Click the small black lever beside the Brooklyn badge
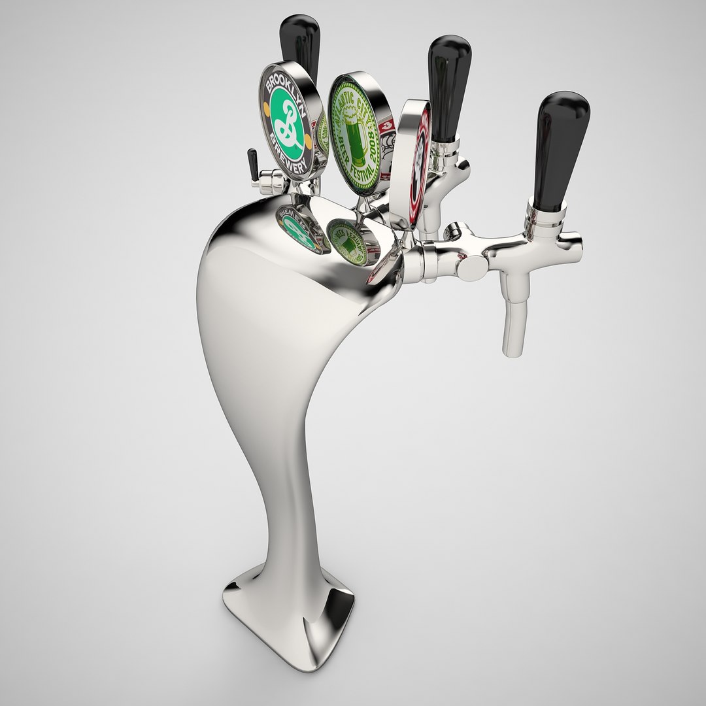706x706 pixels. coord(252,165)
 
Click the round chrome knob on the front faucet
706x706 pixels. coord(470,267)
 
